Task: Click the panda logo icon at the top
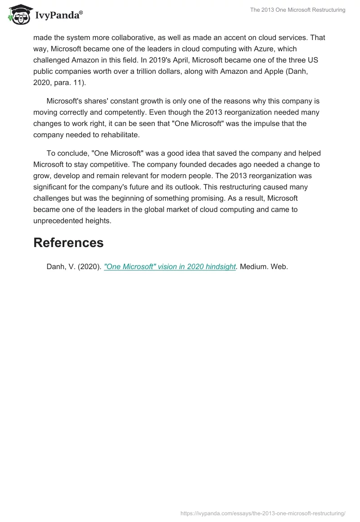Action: [x=18, y=15]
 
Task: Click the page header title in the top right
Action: [x=298, y=10]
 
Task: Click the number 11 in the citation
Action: [x=84, y=82]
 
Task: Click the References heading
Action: [x=68, y=243]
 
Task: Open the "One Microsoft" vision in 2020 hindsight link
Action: [x=170, y=266]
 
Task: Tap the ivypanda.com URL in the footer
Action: [x=263, y=513]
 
